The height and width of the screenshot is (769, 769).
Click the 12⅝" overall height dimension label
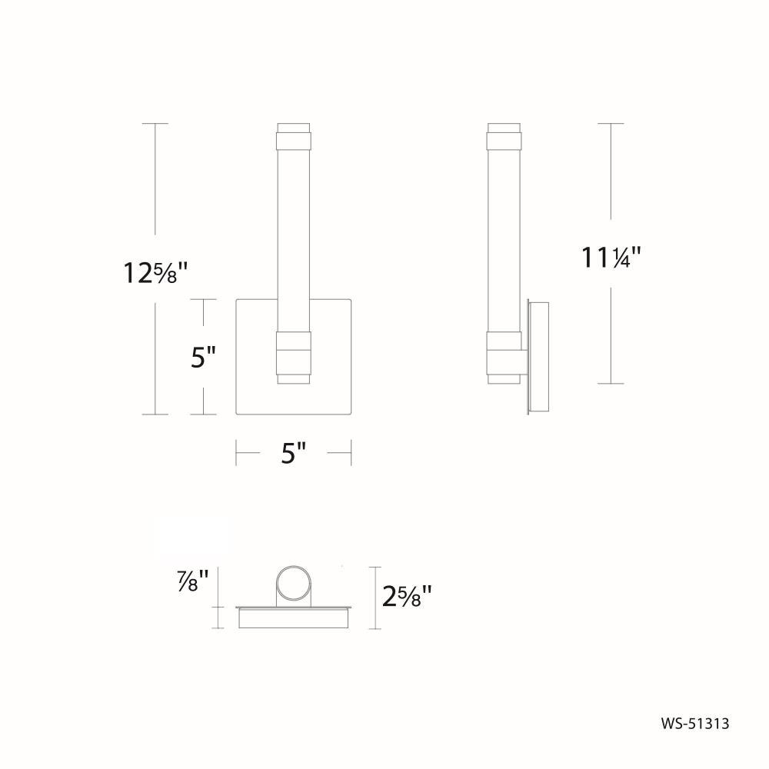coord(155,273)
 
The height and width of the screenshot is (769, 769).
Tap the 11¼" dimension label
coord(611,257)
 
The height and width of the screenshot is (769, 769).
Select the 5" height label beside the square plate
coord(203,357)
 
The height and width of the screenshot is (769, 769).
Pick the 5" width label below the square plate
coord(293,453)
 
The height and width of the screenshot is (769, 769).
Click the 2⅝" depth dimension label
coord(407,597)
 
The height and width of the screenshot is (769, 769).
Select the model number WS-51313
coord(695,724)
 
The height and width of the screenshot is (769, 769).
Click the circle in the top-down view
coord(293,583)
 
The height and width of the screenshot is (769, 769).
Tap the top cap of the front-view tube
coord(293,136)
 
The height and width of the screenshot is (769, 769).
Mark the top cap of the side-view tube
coord(504,136)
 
